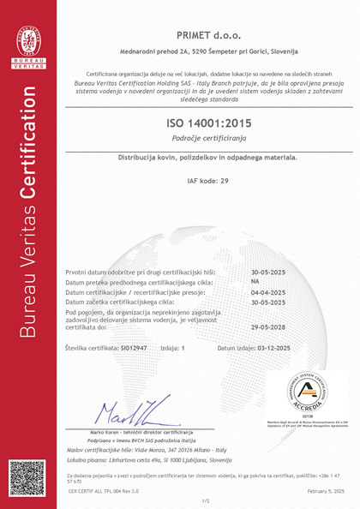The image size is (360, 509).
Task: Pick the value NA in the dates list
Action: [x=255, y=281]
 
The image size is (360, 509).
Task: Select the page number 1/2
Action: [x=206, y=500]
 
